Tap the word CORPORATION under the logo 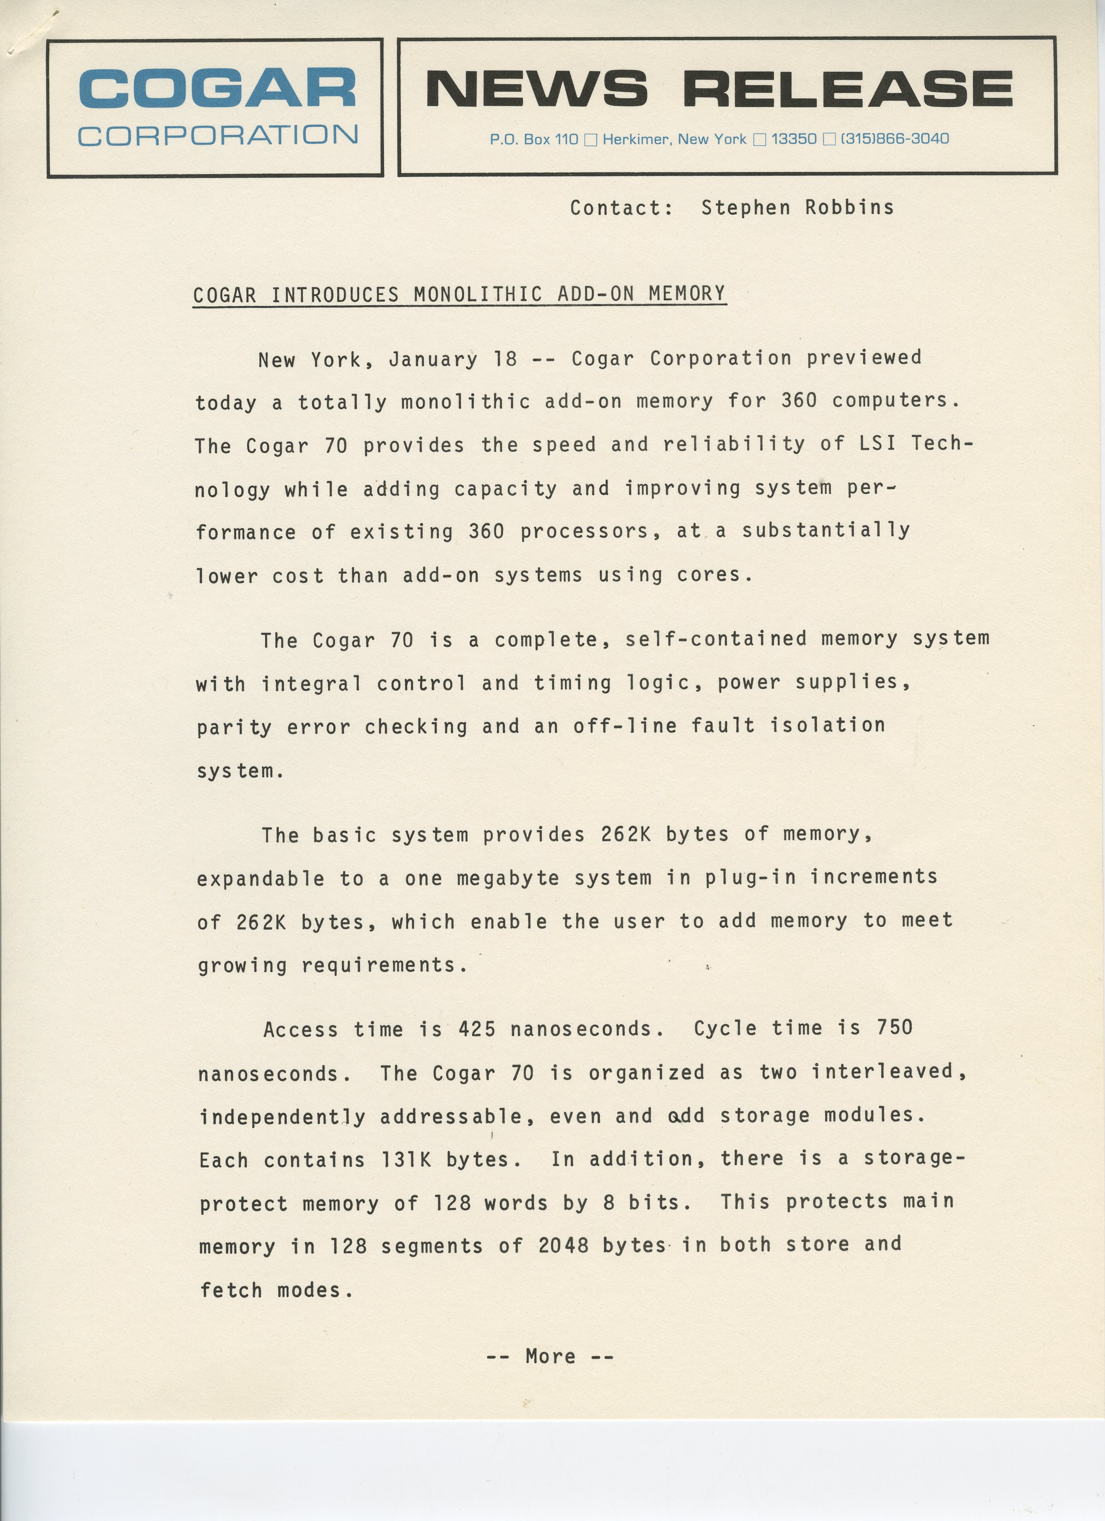click(218, 136)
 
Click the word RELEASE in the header click(848, 88)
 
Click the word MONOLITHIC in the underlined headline click(478, 294)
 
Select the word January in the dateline click(433, 359)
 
